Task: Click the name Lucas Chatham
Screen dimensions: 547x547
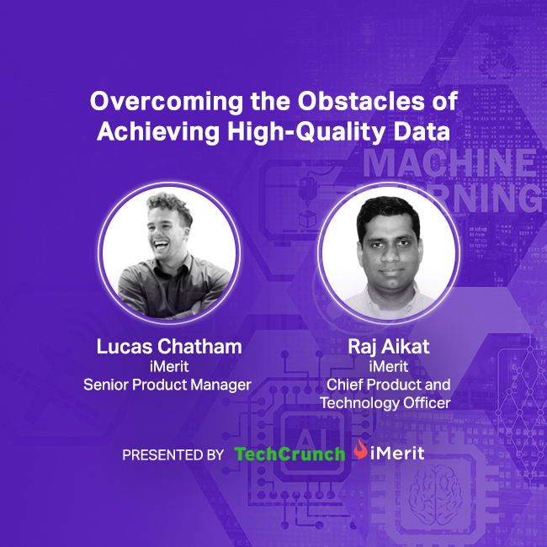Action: coord(167,348)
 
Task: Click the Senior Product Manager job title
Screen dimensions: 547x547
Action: coord(167,385)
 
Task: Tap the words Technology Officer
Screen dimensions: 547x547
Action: coord(385,403)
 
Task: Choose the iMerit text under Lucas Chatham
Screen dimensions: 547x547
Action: coord(167,367)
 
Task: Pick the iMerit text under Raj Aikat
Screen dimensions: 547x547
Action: coord(385,367)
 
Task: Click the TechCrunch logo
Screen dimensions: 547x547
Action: coord(289,454)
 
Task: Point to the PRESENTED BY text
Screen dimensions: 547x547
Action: coord(173,455)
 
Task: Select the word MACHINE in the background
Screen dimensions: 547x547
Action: coord(449,163)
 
